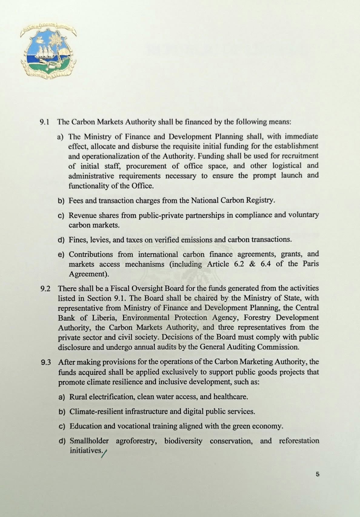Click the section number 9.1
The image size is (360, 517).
pos(45,122)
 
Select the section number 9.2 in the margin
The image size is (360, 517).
pos(45,289)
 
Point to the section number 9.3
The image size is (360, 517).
pos(46,362)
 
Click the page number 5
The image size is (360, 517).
pos(317,474)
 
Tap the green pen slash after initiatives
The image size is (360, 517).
pos(105,453)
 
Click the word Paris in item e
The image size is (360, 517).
pos(311,264)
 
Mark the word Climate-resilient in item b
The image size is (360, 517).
pos(96,411)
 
